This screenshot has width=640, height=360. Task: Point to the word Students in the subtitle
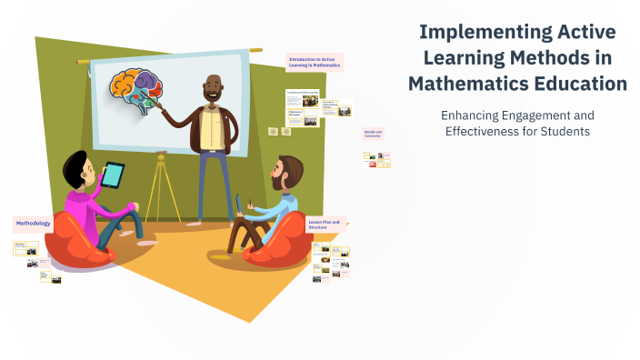click(561, 131)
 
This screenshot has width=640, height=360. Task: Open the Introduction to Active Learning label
click(314, 62)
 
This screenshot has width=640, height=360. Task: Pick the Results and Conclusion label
click(374, 135)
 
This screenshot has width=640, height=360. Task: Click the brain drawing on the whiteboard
click(136, 90)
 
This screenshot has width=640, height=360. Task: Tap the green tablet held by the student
click(114, 175)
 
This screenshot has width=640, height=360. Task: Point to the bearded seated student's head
click(288, 172)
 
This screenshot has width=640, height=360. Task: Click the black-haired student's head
click(75, 170)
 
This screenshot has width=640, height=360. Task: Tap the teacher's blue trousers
click(212, 182)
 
